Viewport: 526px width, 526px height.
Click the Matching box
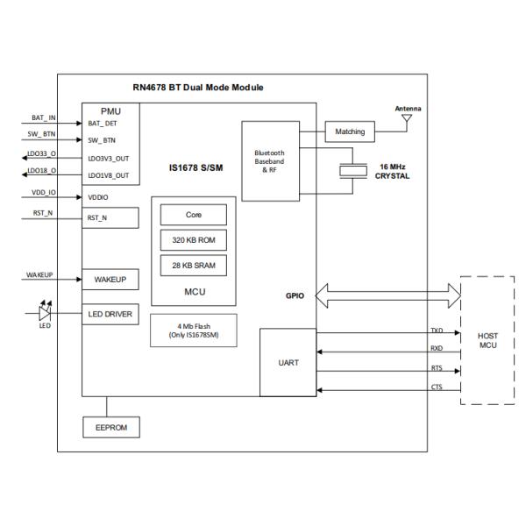click(350, 132)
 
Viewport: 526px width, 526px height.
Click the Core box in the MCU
click(194, 215)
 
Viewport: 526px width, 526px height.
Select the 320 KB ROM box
click(194, 239)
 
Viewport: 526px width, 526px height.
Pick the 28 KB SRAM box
click(194, 265)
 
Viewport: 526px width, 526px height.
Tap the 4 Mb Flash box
click(194, 331)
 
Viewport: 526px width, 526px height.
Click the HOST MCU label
click(487, 341)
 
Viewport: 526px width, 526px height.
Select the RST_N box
click(110, 218)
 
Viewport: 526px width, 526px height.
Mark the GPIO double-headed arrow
click(385, 295)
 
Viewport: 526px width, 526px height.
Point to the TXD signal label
click(437, 331)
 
